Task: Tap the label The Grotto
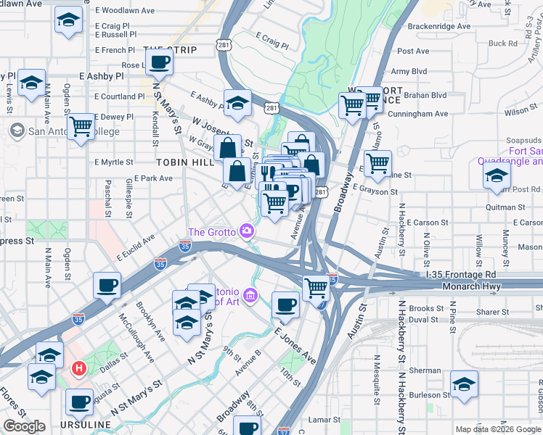pyautogui.click(x=211, y=232)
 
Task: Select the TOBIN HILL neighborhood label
pyautogui.click(x=184, y=162)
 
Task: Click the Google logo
pyautogui.click(x=24, y=426)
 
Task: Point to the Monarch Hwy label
pyautogui.click(x=473, y=286)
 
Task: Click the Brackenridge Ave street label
pyautogui.click(x=435, y=26)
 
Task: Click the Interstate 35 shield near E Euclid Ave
pyautogui.click(x=160, y=265)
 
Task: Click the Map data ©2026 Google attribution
pyautogui.click(x=497, y=429)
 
